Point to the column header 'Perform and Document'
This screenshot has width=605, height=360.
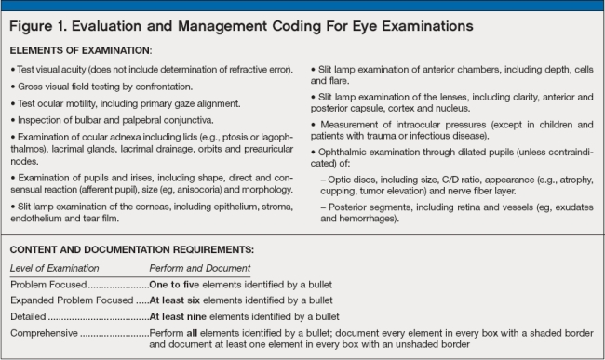[200, 268]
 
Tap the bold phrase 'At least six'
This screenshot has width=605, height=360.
[180, 300]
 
